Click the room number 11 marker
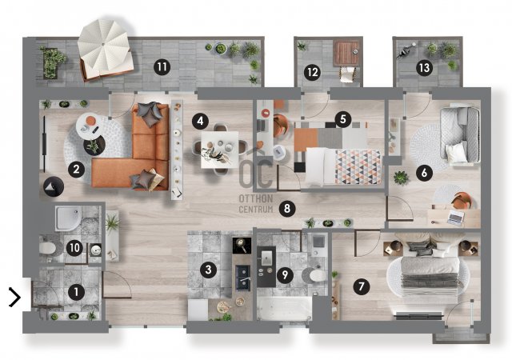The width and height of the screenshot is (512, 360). click(x=162, y=67)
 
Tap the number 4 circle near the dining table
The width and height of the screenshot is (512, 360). click(x=200, y=121)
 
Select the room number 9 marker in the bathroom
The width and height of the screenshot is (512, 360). click(x=285, y=274)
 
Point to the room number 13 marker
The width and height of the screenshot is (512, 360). click(x=424, y=68)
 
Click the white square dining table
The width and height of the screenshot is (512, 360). click(x=219, y=150)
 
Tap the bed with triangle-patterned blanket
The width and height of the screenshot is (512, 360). click(x=343, y=167)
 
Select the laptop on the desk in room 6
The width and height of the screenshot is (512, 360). click(x=455, y=217)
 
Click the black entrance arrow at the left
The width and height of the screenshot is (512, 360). click(x=15, y=298)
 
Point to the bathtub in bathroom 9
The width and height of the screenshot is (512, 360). click(x=284, y=309)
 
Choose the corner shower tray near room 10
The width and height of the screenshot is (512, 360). click(x=68, y=218)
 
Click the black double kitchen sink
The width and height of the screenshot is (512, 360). click(x=243, y=278)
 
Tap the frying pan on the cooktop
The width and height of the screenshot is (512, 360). click(x=242, y=245)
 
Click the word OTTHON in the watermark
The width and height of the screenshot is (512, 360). click(x=256, y=198)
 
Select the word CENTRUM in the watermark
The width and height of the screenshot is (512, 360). click(x=256, y=209)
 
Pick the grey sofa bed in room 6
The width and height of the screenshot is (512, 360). click(x=460, y=134)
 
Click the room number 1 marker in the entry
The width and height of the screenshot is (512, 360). click(x=76, y=292)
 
